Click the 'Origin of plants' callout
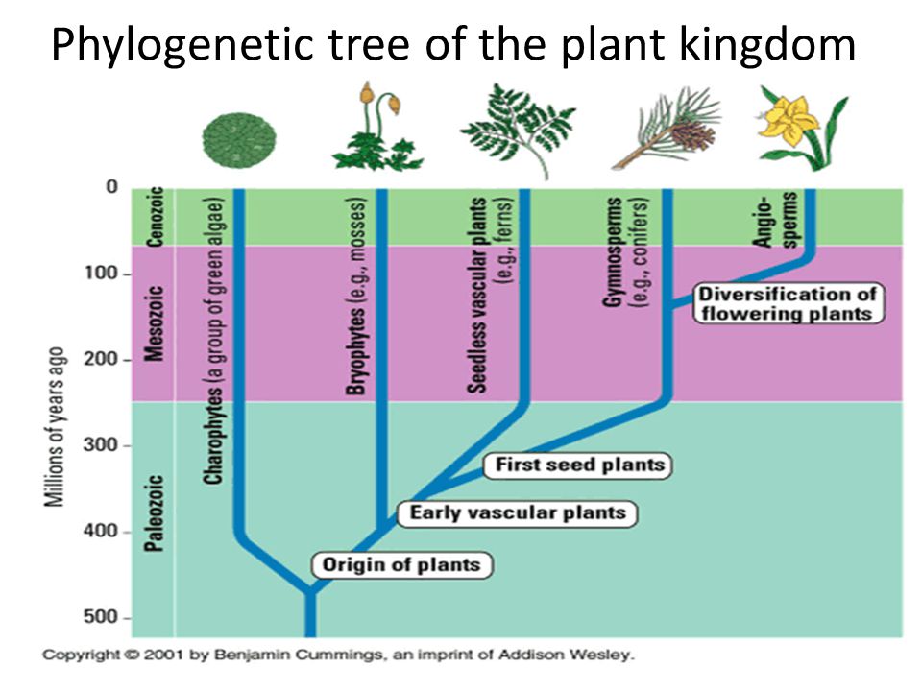[x=400, y=564]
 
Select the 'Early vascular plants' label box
[x=518, y=513]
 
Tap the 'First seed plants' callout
[x=579, y=465]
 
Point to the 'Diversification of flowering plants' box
[x=787, y=303]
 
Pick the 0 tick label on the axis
[x=111, y=187]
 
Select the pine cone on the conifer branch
[x=693, y=136]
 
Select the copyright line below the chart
[x=338, y=656]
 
